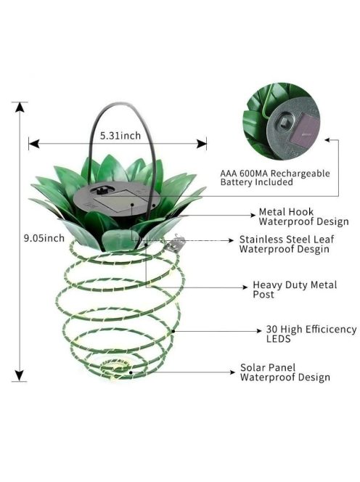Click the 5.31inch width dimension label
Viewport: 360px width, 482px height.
(x=120, y=136)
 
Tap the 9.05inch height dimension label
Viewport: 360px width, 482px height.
(x=44, y=238)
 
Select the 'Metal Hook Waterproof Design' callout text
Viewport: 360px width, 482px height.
(x=303, y=217)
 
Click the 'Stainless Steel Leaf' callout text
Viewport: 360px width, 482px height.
(x=287, y=239)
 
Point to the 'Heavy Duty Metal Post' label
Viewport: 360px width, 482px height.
(x=295, y=290)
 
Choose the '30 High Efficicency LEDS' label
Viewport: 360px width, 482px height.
(x=311, y=334)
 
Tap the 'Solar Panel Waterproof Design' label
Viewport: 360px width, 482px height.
(x=285, y=372)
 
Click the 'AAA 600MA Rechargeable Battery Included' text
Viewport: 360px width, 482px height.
(x=275, y=178)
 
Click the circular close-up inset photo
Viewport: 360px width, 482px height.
(x=281, y=120)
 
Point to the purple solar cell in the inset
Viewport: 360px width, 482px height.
(x=308, y=130)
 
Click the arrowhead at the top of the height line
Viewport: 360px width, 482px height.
(x=20, y=107)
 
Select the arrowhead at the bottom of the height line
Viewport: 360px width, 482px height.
(x=20, y=375)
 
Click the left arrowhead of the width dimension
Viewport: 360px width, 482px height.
(x=34, y=143)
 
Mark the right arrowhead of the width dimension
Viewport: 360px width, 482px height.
(x=202, y=143)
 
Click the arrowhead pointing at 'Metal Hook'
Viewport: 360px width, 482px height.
(x=253, y=215)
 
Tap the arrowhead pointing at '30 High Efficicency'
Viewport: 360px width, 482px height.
(x=259, y=331)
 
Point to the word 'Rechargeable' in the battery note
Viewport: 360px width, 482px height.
(x=300, y=173)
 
